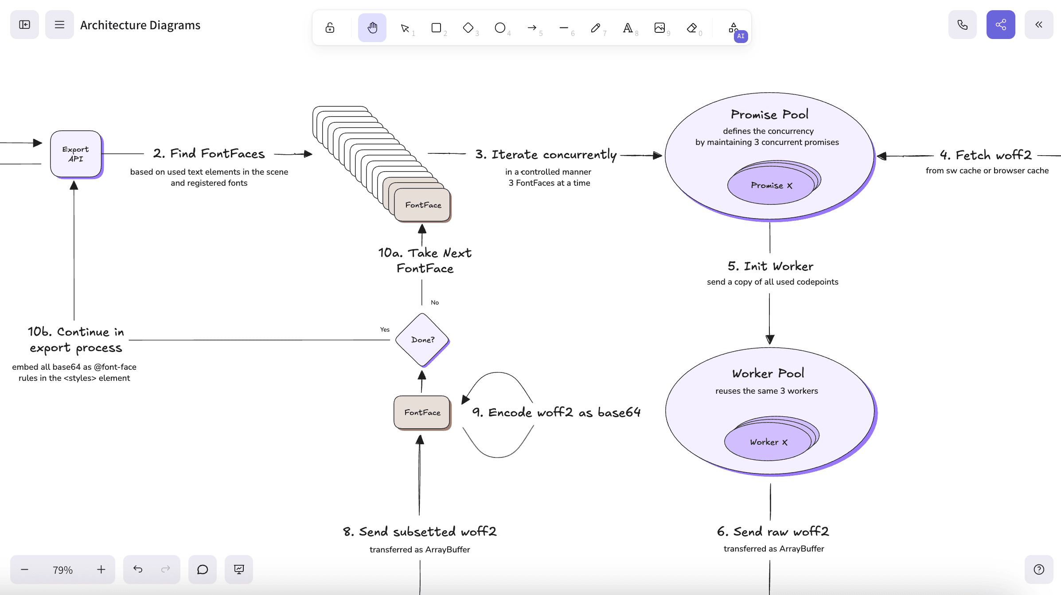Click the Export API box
(x=76, y=154)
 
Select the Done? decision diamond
(x=422, y=340)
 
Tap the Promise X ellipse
(x=771, y=185)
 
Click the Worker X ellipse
(x=768, y=442)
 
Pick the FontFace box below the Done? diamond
(x=422, y=412)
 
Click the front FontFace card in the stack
(x=423, y=205)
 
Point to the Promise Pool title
(x=769, y=114)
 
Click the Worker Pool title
(x=768, y=373)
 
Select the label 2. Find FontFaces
(x=209, y=153)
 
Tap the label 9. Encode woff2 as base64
(x=556, y=412)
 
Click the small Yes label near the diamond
(x=385, y=329)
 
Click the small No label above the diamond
(x=435, y=302)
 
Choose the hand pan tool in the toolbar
(x=372, y=28)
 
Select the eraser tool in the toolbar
(x=691, y=28)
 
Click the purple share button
(x=1001, y=25)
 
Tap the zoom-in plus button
(x=101, y=569)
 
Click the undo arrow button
(x=138, y=569)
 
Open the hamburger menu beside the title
(x=59, y=25)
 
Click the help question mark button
(x=1039, y=569)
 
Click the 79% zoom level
(x=62, y=570)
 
